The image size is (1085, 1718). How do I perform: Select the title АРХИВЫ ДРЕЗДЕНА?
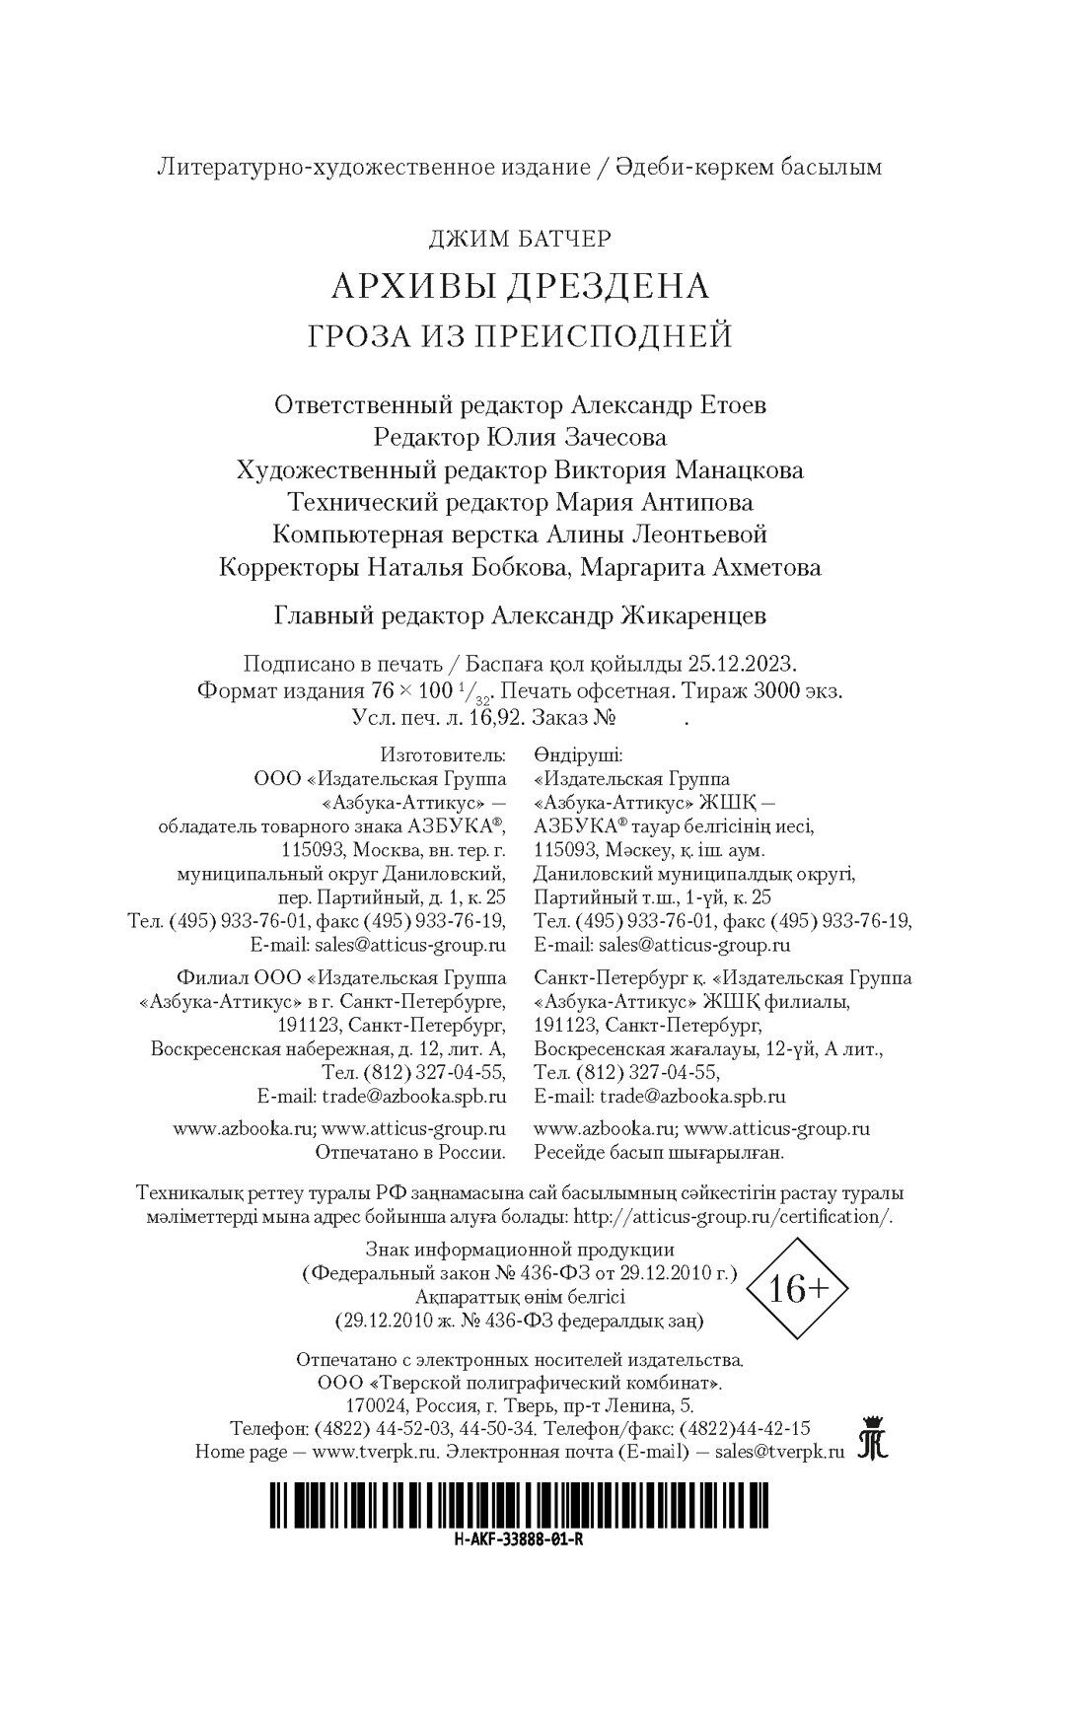tap(520, 286)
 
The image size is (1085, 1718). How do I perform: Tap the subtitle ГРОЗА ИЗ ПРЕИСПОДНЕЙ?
tap(520, 335)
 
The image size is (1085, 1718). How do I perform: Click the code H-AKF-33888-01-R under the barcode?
tap(514, 1539)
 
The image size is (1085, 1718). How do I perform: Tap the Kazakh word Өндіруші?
tap(578, 755)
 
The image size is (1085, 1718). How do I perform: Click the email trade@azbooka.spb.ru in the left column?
tap(412, 1096)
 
